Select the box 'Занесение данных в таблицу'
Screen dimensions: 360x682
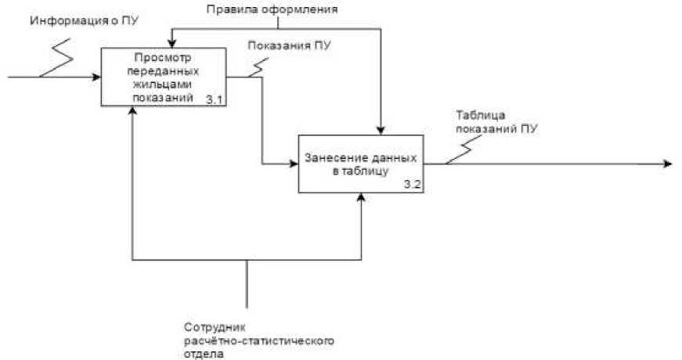pyautogui.click(x=360, y=164)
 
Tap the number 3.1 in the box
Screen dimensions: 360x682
pyautogui.click(x=215, y=100)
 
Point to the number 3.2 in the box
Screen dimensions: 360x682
pyautogui.click(x=412, y=185)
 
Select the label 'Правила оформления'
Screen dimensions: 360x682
pyautogui.click(x=272, y=10)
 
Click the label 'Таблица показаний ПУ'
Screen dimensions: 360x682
pyautogui.click(x=492, y=121)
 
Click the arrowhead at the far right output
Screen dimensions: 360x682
pyautogui.click(x=667, y=164)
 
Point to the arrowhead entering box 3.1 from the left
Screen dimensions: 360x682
pyautogui.click(x=96, y=77)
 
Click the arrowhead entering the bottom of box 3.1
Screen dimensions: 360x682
pyautogui.click(x=134, y=111)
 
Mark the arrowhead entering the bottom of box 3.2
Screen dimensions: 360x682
pyautogui.click(x=362, y=197)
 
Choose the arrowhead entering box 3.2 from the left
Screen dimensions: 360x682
pyautogui.click(x=294, y=164)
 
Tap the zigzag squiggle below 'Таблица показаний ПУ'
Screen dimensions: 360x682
pyautogui.click(x=468, y=146)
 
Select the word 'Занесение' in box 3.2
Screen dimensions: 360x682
pyautogui.click(x=331, y=159)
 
